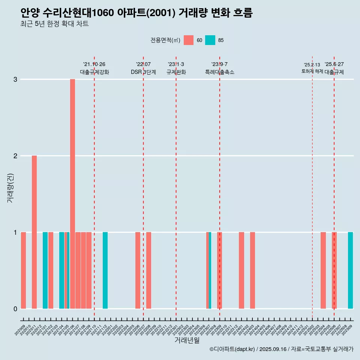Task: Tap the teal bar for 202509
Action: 350,270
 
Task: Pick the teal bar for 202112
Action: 105,270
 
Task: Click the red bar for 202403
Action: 252,270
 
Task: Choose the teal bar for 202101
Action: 45,270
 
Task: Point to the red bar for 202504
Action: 323,270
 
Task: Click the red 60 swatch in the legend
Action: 189,40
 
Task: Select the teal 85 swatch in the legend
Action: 210,40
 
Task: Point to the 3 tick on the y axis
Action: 15,79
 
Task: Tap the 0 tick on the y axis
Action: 15,309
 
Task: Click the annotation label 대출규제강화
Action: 94,72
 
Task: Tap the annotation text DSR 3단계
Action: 143,72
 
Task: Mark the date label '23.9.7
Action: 219,64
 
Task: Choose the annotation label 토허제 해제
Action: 312,71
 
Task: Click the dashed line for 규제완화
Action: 176,187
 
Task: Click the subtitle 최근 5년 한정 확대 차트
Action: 55,24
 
